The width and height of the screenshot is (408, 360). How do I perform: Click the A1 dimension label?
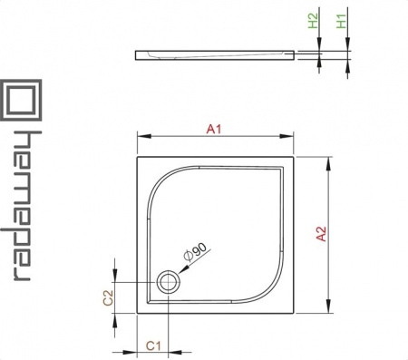coord(214,130)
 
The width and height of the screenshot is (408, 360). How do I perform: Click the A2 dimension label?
coord(321,234)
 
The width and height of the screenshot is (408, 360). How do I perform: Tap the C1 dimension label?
coord(153,345)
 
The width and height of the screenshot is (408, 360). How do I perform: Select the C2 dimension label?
coord(108,297)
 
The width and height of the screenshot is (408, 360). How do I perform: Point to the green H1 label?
coord(342,21)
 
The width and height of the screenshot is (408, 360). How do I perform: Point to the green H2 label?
coord(314,21)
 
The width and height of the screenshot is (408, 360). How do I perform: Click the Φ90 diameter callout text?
coord(196,252)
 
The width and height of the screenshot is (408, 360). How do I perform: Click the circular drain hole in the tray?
coord(168,282)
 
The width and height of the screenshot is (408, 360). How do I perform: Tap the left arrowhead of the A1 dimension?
coord(144,137)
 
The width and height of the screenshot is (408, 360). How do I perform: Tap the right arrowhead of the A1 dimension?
coord(287,137)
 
